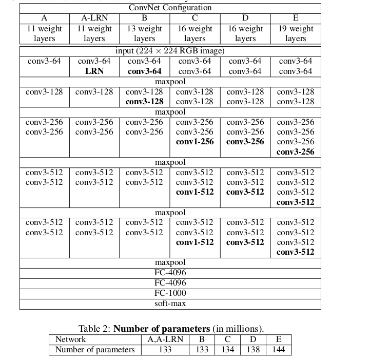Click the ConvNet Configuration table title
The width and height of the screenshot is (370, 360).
pyautogui.click(x=170, y=8)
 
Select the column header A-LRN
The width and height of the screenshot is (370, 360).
pyautogui.click(x=94, y=18)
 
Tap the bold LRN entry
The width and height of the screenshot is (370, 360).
pyautogui.click(x=94, y=71)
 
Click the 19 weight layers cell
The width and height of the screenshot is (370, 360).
pyautogui.click(x=296, y=33)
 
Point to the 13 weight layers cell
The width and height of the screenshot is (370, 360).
pyautogui.click(x=145, y=33)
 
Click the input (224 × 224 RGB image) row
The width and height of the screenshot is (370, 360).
pyautogui.click(x=170, y=51)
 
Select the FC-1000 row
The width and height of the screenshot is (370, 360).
pyautogui.click(x=170, y=293)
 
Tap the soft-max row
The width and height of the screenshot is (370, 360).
pyautogui.click(x=170, y=304)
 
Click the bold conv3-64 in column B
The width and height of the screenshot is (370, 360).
pyautogui.click(x=145, y=71)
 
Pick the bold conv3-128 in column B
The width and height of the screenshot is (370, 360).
pyautogui.click(x=145, y=102)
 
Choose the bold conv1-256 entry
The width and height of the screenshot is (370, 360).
pyautogui.click(x=195, y=142)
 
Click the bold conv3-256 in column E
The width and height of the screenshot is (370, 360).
pyautogui.click(x=296, y=152)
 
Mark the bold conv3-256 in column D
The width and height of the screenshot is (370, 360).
pyautogui.click(x=245, y=142)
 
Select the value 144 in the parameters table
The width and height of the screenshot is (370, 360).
pyautogui.click(x=279, y=350)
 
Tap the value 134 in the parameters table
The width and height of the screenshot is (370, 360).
pyautogui.click(x=227, y=350)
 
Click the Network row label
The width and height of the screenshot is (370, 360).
pyautogui.click(x=71, y=339)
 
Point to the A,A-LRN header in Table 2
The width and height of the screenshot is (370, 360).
pyautogui.click(x=165, y=339)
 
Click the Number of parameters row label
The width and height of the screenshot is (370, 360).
pyautogui.click(x=95, y=350)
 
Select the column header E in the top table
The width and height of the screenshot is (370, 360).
pyautogui.click(x=296, y=18)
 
